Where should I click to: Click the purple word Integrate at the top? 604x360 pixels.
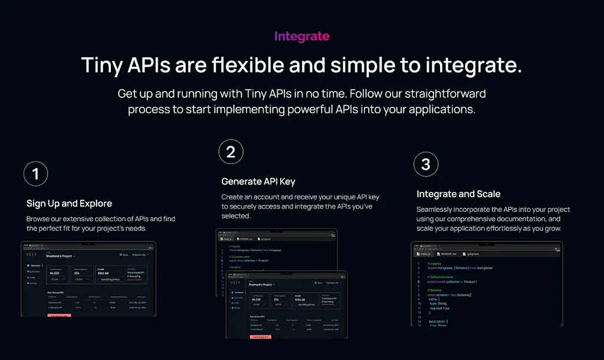coord(302,36)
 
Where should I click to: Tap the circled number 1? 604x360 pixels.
coord(35,174)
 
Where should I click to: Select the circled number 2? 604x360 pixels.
coord(231,152)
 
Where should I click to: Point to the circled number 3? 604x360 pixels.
coord(426,165)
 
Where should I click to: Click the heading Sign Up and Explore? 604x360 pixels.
coord(69,204)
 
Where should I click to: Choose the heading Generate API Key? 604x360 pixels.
coord(258,181)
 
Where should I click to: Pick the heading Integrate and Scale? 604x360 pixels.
coord(458,194)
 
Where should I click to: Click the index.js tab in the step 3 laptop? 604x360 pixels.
coord(425,253)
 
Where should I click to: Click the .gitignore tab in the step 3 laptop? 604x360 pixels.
coord(475,253)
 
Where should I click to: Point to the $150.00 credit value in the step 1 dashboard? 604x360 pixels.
coord(103,273)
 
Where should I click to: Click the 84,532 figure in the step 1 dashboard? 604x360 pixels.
coord(55,273)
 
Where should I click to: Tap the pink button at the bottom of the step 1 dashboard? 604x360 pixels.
coord(59,315)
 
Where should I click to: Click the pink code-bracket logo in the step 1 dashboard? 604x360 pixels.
coord(32,254)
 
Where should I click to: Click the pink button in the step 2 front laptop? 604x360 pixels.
coord(261,336)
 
